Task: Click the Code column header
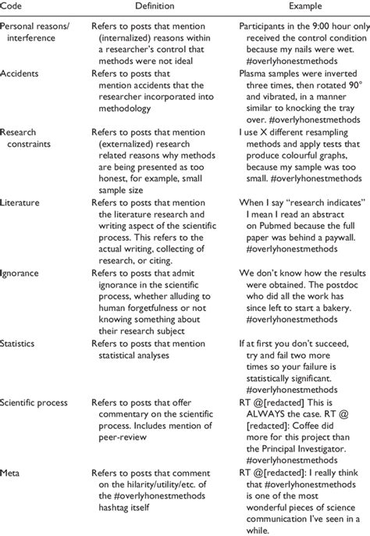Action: [x=12, y=6]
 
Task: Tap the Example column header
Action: [x=296, y=6]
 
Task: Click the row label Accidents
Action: [x=23, y=74]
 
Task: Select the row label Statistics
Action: [x=22, y=343]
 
